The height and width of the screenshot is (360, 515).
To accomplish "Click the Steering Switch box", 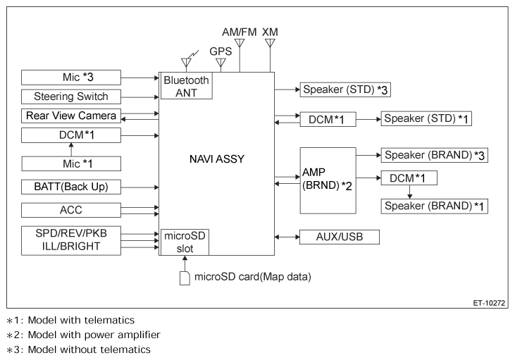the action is pyautogui.click(x=71, y=97).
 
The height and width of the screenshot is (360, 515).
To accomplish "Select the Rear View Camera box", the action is pyautogui.click(x=71, y=116).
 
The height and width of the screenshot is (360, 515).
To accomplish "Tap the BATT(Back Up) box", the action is pyautogui.click(x=71, y=187).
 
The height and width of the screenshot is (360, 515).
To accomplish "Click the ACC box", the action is pyautogui.click(x=71, y=210).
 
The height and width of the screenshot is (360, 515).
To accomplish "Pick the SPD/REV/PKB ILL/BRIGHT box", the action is pyautogui.click(x=71, y=240).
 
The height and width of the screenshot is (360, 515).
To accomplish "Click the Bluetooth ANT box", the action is pyautogui.click(x=186, y=86).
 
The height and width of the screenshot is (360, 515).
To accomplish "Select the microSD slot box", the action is pyautogui.click(x=185, y=242).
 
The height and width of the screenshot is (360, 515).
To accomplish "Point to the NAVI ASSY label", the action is pyautogui.click(x=217, y=159).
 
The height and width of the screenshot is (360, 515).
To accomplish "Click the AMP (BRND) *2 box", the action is pyautogui.click(x=328, y=180).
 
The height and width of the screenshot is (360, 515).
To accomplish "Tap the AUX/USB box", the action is pyautogui.click(x=340, y=237).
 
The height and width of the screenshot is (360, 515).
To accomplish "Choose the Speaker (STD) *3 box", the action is pyautogui.click(x=345, y=89).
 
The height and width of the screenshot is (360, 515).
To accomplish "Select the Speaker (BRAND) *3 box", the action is pyautogui.click(x=434, y=155).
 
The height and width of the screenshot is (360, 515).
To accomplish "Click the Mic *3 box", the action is pyautogui.click(x=71, y=77).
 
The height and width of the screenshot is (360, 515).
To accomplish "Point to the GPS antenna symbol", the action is pyautogui.click(x=221, y=63).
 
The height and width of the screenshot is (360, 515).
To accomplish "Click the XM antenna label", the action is pyautogui.click(x=270, y=32).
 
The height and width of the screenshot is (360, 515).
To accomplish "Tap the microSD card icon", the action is pyautogui.click(x=185, y=278).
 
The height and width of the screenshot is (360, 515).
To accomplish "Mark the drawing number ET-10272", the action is pyautogui.click(x=489, y=303).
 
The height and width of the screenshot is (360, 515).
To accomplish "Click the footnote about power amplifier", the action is pyautogui.click(x=83, y=335).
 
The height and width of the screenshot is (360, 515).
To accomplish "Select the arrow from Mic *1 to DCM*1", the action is pyautogui.click(x=71, y=149).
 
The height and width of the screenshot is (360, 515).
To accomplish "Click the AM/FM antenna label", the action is pyautogui.click(x=239, y=32).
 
